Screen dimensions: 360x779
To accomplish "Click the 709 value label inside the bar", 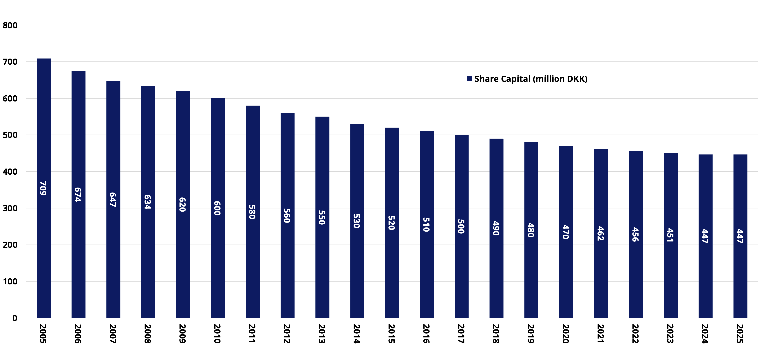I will (x=43, y=188).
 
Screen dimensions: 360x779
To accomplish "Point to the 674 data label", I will (x=78, y=195).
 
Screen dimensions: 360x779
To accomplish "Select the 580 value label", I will (x=252, y=212).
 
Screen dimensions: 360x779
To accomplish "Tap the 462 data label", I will (x=601, y=233).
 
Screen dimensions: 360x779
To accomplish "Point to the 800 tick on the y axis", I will (x=10, y=25).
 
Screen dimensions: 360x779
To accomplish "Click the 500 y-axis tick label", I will (x=10, y=135).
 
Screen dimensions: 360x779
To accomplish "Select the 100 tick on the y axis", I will (x=10, y=282).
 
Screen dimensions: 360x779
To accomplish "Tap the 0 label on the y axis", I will (x=14, y=318).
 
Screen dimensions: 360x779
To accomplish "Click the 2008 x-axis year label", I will (x=148, y=334).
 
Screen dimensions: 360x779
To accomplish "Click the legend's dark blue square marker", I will (x=470, y=79).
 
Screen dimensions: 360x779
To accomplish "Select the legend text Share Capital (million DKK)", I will (x=531, y=79).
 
